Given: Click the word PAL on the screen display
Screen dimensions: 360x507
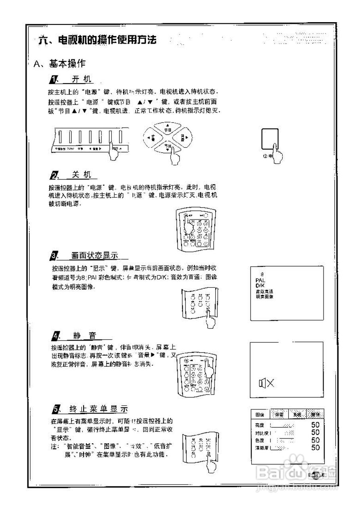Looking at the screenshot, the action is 260,280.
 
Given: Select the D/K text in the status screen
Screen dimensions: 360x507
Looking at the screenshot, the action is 259,286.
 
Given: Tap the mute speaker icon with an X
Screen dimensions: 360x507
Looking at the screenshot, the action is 266,383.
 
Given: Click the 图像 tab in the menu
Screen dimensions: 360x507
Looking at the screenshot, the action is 260,414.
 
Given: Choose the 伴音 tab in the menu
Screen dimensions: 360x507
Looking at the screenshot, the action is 279,414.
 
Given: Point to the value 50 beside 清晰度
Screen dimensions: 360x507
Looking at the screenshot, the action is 316,448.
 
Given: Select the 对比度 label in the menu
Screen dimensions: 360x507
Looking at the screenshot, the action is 262,433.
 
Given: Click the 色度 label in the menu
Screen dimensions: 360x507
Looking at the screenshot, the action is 260,440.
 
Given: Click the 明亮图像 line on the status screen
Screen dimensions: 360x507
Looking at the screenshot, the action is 264,296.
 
